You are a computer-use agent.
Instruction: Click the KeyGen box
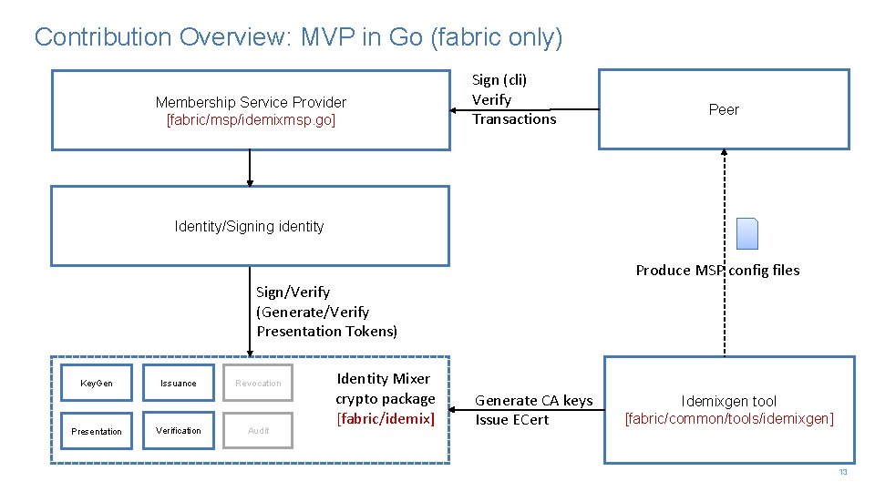[x=97, y=383]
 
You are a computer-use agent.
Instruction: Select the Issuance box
[x=178, y=383]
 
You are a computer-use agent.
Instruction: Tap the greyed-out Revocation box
[x=259, y=383]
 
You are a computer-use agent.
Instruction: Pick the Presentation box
[x=97, y=431]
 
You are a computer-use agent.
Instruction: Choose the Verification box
[x=178, y=430]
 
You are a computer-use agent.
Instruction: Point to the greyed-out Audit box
[x=259, y=430]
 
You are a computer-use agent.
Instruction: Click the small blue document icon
[x=747, y=234]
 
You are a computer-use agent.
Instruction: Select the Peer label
[x=724, y=109]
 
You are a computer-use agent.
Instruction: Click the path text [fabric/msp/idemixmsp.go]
[x=251, y=119]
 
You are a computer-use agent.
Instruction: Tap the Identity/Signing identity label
[x=249, y=226]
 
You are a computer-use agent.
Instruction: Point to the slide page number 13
[x=843, y=472]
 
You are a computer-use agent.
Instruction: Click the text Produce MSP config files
[x=717, y=270]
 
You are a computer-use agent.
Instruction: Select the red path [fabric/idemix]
[x=386, y=418]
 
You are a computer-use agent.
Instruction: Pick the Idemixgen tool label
[x=728, y=401]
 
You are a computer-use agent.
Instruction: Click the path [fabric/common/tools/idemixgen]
[x=728, y=418]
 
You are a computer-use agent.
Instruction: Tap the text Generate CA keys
[x=533, y=400]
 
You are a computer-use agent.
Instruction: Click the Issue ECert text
[x=512, y=419]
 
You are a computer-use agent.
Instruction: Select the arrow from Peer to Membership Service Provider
[x=524, y=109]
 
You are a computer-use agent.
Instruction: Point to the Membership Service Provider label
[x=251, y=102]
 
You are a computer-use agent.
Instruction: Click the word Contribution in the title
[x=103, y=37]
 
